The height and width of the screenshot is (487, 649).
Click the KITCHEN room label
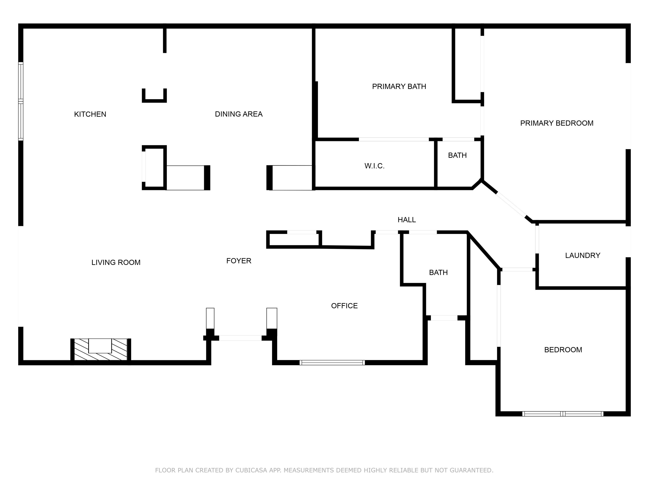click(90, 114)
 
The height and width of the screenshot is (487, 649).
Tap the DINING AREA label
click(239, 114)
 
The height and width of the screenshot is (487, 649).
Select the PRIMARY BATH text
click(399, 87)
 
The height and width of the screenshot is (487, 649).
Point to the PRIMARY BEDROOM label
click(557, 123)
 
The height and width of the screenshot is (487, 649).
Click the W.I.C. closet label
click(374, 166)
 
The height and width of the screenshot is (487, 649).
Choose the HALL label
click(407, 220)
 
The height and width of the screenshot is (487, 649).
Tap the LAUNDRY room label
click(582, 255)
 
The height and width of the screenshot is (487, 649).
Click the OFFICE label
click(344, 306)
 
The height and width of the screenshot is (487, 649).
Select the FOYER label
click(239, 261)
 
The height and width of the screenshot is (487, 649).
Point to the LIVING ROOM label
click(116, 262)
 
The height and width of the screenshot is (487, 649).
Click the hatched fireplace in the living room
click(100, 349)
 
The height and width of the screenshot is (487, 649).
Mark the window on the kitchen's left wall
click(21, 101)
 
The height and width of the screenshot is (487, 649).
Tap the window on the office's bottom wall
click(332, 363)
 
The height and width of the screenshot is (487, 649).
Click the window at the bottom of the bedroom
click(563, 414)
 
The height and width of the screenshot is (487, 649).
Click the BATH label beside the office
click(438, 273)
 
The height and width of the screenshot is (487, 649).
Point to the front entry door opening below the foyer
click(240, 338)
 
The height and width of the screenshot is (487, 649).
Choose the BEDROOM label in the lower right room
click(563, 350)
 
